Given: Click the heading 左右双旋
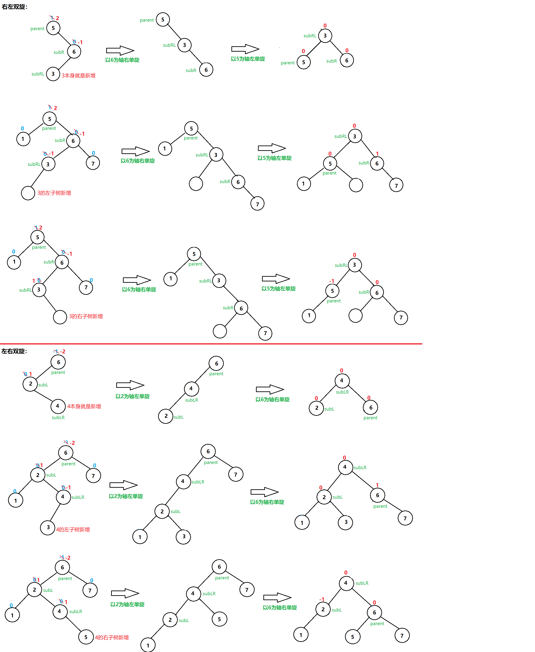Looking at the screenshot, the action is point(14,351).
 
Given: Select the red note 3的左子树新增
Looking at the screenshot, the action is point(54,193).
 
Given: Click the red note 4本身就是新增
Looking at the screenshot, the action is point(84,406).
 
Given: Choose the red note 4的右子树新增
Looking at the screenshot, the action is point(112,637).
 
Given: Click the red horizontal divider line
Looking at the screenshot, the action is point(211,344).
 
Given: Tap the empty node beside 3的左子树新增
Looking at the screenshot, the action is point(28,193).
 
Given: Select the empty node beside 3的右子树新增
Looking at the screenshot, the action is point(60,317).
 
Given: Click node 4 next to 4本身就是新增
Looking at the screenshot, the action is point(58,406).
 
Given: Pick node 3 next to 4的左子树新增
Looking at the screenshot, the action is point(48,528).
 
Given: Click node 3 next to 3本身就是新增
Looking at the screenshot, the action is point(53,74).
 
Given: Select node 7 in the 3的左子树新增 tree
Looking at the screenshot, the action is point(93,163).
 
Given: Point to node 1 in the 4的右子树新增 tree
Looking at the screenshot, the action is point(12,615).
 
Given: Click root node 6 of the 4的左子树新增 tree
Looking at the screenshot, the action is point(66,453).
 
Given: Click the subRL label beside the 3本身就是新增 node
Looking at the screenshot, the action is point(38,74).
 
